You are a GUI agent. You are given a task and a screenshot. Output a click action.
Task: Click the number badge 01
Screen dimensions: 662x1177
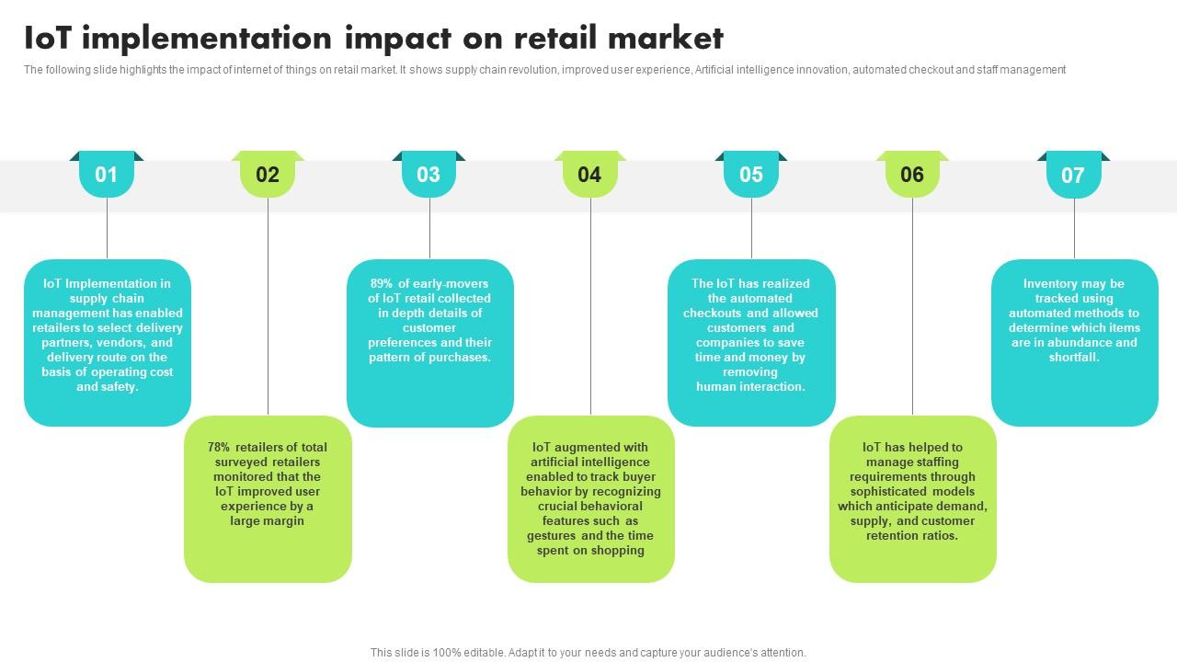107,175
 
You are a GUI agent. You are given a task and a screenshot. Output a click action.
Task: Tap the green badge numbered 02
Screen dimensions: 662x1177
268,175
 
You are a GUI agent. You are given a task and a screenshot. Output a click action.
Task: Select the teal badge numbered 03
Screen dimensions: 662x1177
429,175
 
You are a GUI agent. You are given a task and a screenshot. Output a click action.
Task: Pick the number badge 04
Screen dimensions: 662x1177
589,175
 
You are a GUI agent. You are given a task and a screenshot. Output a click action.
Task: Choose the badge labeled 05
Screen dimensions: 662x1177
751,175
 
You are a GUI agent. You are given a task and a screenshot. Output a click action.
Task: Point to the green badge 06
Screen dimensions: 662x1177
912,175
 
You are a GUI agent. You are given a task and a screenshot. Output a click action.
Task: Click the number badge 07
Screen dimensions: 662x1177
1073,175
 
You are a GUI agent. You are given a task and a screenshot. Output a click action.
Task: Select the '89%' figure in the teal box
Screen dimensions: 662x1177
382,284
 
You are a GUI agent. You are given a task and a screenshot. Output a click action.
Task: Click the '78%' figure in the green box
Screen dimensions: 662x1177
219,448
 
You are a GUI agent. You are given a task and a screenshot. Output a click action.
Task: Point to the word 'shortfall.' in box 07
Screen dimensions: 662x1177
1074,358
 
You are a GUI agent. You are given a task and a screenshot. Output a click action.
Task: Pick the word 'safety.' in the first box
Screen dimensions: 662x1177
120,387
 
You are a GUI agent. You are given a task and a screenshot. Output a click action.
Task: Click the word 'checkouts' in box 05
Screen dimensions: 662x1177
713,314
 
